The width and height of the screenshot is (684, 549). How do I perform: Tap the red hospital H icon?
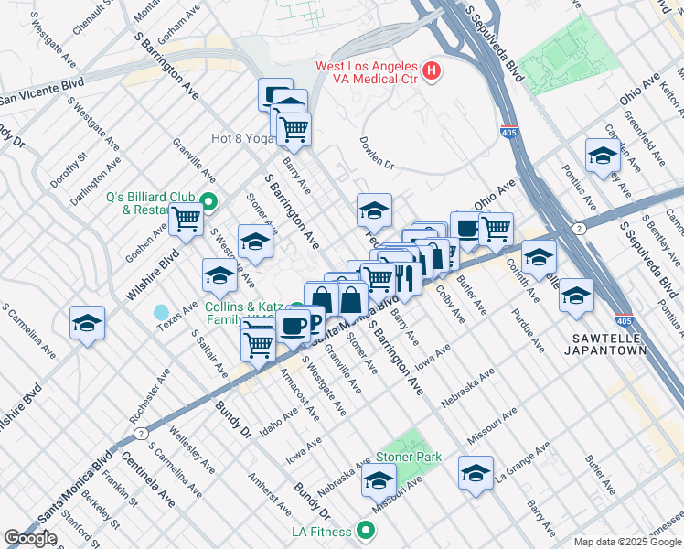pyautogui.click(x=432, y=70)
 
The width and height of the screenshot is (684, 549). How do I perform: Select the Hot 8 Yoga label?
pyautogui.click(x=242, y=138)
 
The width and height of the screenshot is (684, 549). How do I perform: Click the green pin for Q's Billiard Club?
pyautogui.click(x=208, y=202)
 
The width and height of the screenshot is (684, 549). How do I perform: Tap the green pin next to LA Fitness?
pyautogui.click(x=366, y=531)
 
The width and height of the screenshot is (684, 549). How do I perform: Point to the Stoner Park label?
pyautogui.click(x=408, y=457)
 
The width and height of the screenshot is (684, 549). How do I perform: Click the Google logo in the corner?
pyautogui.click(x=30, y=538)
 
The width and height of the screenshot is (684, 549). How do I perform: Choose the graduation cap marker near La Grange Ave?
pyautogui.click(x=476, y=472)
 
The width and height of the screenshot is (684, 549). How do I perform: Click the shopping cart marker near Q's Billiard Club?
pyautogui.click(x=186, y=219)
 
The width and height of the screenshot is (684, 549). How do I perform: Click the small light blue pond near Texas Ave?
pyautogui.click(x=162, y=314)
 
